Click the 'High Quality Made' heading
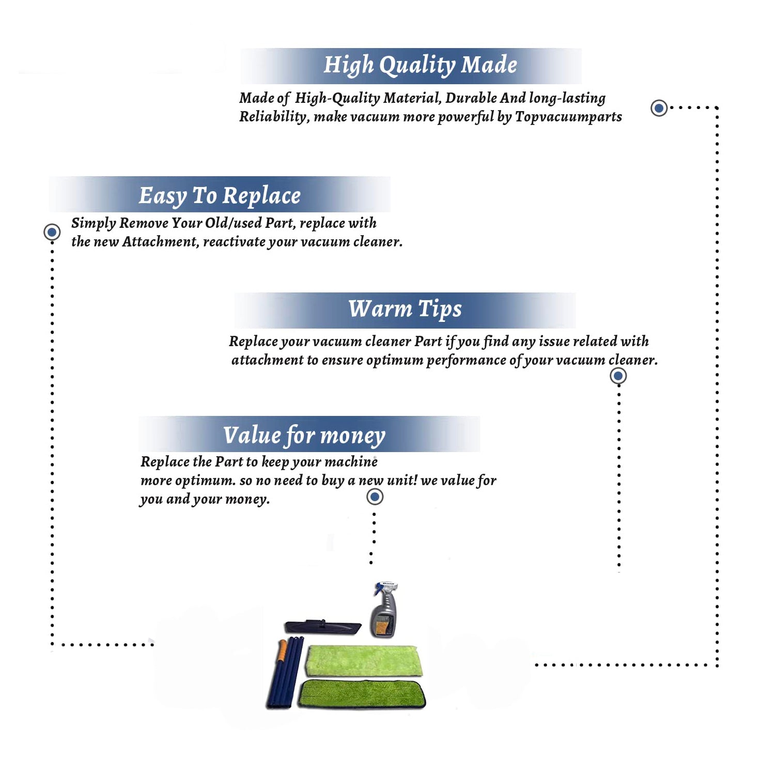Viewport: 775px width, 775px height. [x=420, y=66]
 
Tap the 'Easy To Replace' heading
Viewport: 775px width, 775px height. [x=220, y=196]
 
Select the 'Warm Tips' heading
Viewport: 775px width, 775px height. [x=405, y=309]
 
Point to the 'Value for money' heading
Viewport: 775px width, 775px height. [x=304, y=436]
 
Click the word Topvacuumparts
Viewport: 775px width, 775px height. [x=568, y=117]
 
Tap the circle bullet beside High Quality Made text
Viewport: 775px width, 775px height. [x=659, y=108]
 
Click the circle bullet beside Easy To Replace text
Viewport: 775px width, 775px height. [x=52, y=232]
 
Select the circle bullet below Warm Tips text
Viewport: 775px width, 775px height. [x=618, y=376]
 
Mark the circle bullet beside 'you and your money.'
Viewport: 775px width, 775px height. [x=375, y=497]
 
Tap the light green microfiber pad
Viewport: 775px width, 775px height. [x=364, y=660]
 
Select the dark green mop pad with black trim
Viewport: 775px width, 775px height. [x=362, y=694]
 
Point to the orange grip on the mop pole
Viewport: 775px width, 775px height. [x=282, y=650]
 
